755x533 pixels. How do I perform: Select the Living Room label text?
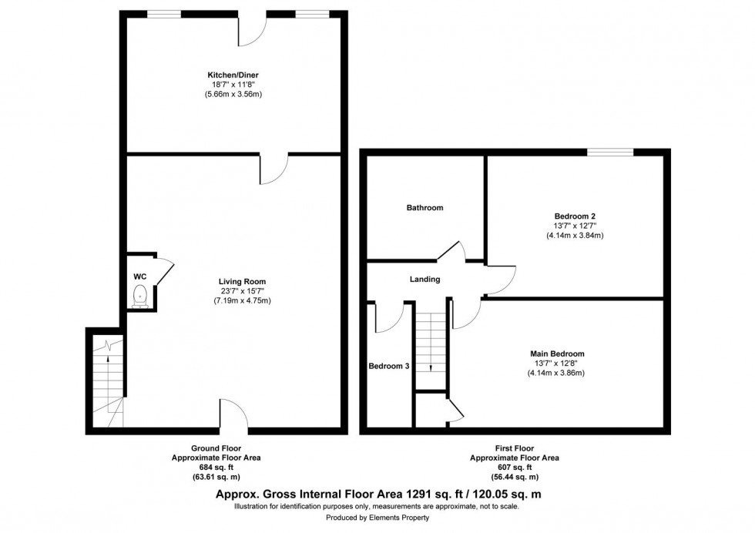pos(242,281)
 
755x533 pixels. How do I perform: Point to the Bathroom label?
pos(425,208)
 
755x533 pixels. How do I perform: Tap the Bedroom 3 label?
pos(388,366)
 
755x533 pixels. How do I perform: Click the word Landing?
pos(424,279)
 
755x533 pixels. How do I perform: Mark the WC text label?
pos(139,276)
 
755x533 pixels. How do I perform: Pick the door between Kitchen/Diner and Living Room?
pos(273,168)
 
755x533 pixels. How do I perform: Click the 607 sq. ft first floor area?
pos(515,467)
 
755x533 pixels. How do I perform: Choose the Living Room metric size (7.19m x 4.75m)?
pos(242,300)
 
